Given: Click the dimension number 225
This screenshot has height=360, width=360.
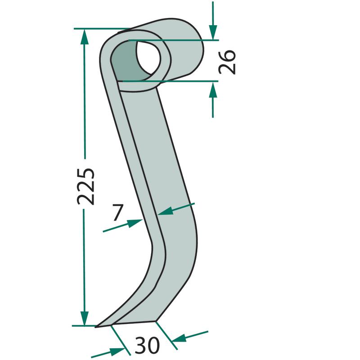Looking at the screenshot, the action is tap(85, 186).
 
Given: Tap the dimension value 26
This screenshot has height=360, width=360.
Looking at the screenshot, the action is tap(227, 62).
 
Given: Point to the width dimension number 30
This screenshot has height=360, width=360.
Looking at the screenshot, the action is tap(147, 345).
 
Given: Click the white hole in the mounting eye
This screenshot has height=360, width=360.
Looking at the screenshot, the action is tap(148, 58).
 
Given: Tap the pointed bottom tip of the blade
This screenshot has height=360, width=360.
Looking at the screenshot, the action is tap(96, 327).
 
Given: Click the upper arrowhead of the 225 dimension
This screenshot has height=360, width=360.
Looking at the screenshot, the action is tap(85, 37).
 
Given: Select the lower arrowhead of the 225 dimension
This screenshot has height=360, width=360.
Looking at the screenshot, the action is tap(85, 318).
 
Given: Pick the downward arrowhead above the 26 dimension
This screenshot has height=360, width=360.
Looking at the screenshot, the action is tap(213, 33).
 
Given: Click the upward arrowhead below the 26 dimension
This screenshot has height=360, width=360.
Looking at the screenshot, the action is tap(213, 90).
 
